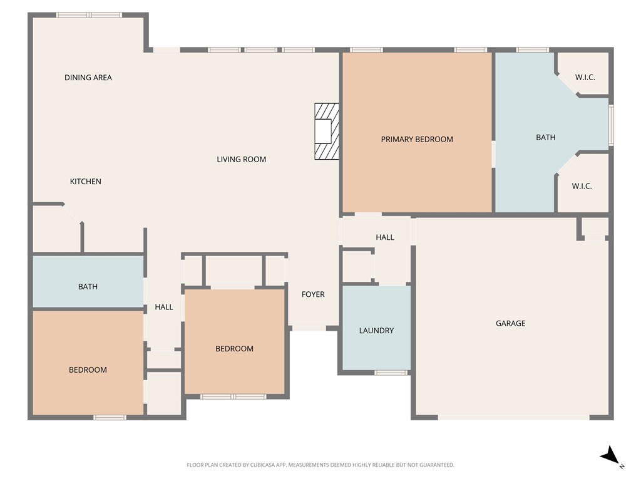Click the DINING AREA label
pyautogui.click(x=88, y=78)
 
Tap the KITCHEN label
pyautogui.click(x=85, y=182)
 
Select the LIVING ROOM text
pyautogui.click(x=241, y=159)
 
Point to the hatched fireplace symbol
pyautogui.click(x=326, y=132)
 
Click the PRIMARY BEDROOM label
pyautogui.click(x=417, y=139)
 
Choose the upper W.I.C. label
pyautogui.click(x=585, y=78)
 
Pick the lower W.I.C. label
pyautogui.click(x=582, y=186)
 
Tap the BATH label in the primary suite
pyautogui.click(x=545, y=137)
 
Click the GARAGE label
pyautogui.click(x=510, y=323)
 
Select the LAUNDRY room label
pyautogui.click(x=376, y=330)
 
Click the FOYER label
pyautogui.click(x=313, y=294)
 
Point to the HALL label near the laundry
pyautogui.click(x=385, y=237)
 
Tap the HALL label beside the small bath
pyautogui.click(x=164, y=307)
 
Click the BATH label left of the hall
pyautogui.click(x=88, y=287)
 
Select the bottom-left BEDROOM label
pyautogui.click(x=88, y=370)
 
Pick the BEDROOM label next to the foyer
pyautogui.click(x=234, y=349)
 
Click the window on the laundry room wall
pyautogui.click(x=391, y=373)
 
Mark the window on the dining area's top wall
pyautogui.click(x=90, y=15)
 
